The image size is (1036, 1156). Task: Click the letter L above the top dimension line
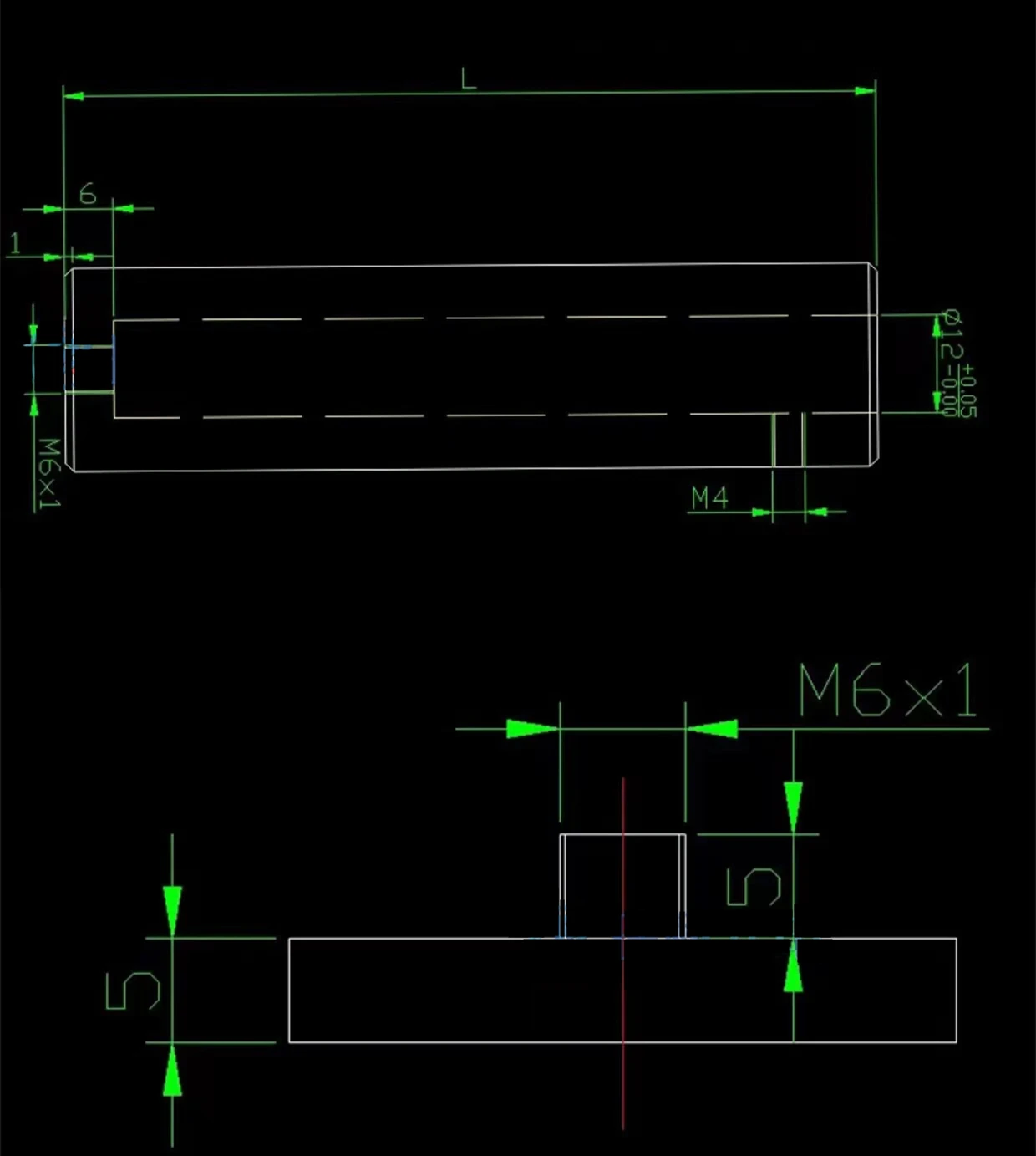coord(468,79)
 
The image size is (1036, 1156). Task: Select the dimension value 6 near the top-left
coord(88,194)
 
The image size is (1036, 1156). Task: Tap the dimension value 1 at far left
coord(15,244)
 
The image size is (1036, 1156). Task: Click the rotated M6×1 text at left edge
coord(50,473)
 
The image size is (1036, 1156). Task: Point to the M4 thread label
coord(709,498)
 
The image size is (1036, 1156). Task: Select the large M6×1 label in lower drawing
coord(888,690)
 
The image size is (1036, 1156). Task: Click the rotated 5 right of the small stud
coord(754,887)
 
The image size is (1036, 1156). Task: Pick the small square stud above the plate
coord(622,885)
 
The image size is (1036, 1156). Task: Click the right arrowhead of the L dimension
coord(865,90)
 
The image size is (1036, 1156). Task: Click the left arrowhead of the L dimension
coord(74,96)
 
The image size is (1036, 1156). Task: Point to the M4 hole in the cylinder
coord(789,440)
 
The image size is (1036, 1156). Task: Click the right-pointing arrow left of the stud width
coord(531,728)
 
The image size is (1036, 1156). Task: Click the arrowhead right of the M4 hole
coord(816,511)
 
